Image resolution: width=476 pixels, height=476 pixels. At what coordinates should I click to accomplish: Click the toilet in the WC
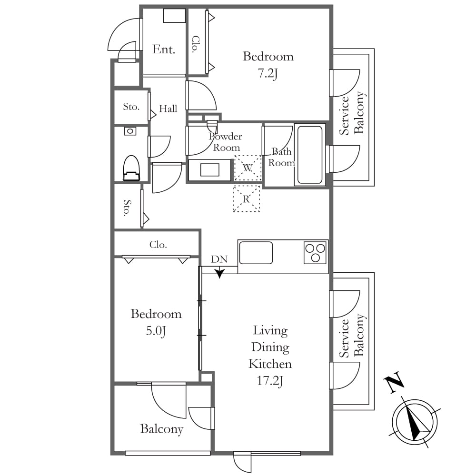(x=131, y=168)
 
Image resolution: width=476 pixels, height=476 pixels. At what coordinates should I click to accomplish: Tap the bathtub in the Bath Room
(x=310, y=155)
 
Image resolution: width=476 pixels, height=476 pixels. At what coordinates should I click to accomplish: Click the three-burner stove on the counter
(x=315, y=252)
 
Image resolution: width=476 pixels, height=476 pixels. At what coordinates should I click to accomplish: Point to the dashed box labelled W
(x=248, y=168)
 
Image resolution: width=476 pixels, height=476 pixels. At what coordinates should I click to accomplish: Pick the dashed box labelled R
(x=246, y=198)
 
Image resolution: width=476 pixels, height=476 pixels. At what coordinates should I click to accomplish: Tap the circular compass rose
(x=415, y=422)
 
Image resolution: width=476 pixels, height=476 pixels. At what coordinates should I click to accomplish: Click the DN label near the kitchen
(x=219, y=259)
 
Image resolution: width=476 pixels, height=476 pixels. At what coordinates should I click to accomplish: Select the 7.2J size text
(x=268, y=73)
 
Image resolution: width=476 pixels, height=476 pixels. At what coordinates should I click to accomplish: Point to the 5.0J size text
(x=156, y=331)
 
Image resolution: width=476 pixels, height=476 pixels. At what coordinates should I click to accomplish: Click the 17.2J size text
(x=270, y=381)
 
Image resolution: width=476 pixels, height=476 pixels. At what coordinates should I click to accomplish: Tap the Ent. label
(x=164, y=50)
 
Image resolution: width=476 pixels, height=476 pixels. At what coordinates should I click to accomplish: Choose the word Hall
(x=168, y=109)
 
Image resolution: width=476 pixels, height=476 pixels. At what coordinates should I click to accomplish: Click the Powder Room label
(x=226, y=142)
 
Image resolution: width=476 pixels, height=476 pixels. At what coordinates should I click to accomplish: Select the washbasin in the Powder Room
(x=209, y=170)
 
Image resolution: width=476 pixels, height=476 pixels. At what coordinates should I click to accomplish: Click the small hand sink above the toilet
(x=130, y=131)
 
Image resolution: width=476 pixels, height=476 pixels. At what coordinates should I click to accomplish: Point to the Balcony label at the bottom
(x=162, y=429)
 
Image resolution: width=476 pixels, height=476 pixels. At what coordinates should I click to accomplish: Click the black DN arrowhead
(x=219, y=274)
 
